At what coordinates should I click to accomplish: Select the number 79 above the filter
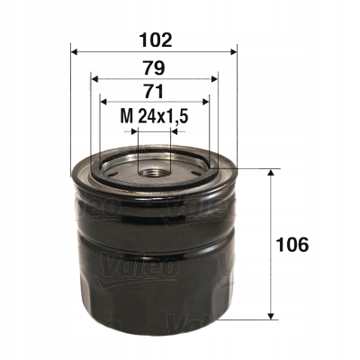[152, 66]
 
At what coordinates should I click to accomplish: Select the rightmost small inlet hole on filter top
[195, 167]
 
